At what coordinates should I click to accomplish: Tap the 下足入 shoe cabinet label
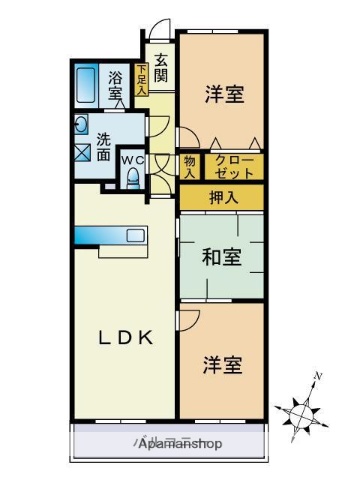[142, 80]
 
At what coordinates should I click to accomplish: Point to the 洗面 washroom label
[104, 147]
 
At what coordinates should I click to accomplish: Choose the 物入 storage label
[190, 165]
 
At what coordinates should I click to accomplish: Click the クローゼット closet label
[235, 165]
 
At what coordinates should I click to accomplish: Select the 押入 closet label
[222, 196]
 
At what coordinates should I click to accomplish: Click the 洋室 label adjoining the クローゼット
[222, 94]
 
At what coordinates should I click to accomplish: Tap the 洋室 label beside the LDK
[222, 364]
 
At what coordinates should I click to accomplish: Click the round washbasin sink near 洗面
[80, 126]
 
